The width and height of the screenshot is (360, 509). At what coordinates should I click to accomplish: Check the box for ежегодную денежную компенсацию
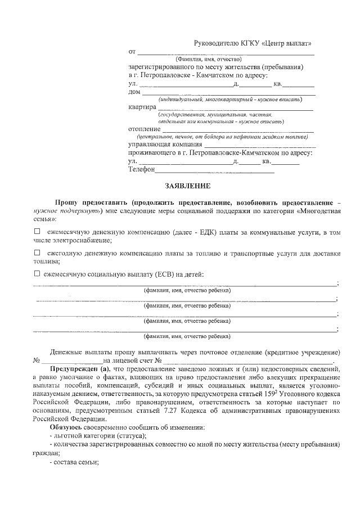37,253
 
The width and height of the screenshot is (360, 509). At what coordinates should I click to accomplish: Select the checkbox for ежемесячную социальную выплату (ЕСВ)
37,274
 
